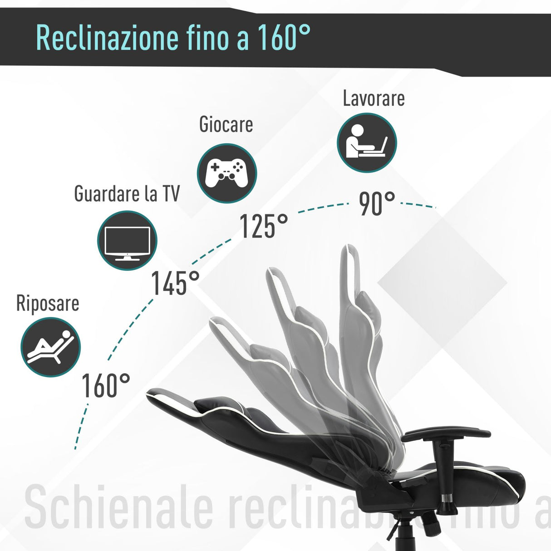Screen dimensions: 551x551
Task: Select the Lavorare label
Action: [x=374, y=98]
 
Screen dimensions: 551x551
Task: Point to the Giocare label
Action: [x=226, y=125]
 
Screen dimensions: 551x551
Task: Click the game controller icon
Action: [x=227, y=173]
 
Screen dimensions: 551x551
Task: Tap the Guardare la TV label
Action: [x=127, y=194]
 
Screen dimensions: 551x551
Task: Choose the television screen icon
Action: [x=127, y=241]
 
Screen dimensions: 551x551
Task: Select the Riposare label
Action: [x=48, y=303]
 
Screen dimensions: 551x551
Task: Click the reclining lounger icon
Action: [x=50, y=347]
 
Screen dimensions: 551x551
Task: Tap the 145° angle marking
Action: [x=175, y=283]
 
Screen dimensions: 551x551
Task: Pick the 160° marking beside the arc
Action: [x=105, y=386]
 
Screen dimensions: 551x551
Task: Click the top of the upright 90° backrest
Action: [x=352, y=254]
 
